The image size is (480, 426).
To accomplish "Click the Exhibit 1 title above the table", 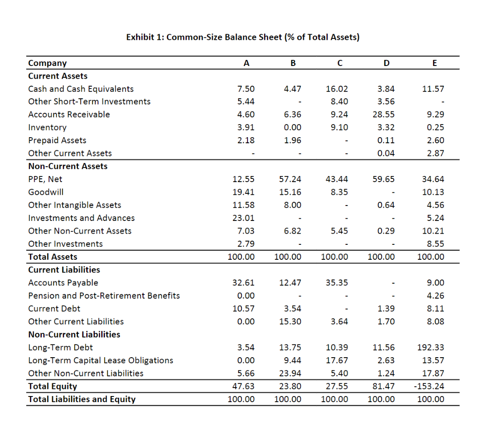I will click(x=243, y=37).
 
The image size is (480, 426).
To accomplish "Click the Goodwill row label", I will click(x=46, y=192).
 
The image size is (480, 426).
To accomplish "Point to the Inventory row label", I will click(x=47, y=127).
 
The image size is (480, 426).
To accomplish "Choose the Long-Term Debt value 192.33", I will click(x=433, y=347).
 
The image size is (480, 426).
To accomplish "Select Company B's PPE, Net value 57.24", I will click(x=290, y=179).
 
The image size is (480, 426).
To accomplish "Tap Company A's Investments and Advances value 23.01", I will click(x=244, y=218).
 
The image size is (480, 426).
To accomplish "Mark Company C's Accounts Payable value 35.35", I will click(x=337, y=283).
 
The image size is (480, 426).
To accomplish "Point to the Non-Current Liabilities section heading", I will click(x=74, y=334).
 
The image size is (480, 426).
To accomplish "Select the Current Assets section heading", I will click(x=58, y=76).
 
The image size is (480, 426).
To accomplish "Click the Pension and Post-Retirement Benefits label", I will click(x=104, y=295).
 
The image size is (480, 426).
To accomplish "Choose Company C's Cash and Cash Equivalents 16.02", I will click(x=337, y=89).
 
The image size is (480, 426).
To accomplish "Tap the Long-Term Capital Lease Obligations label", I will click(x=101, y=360).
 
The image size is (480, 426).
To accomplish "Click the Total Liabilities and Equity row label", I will click(x=82, y=399).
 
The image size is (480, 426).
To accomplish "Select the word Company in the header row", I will click(x=47, y=63).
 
